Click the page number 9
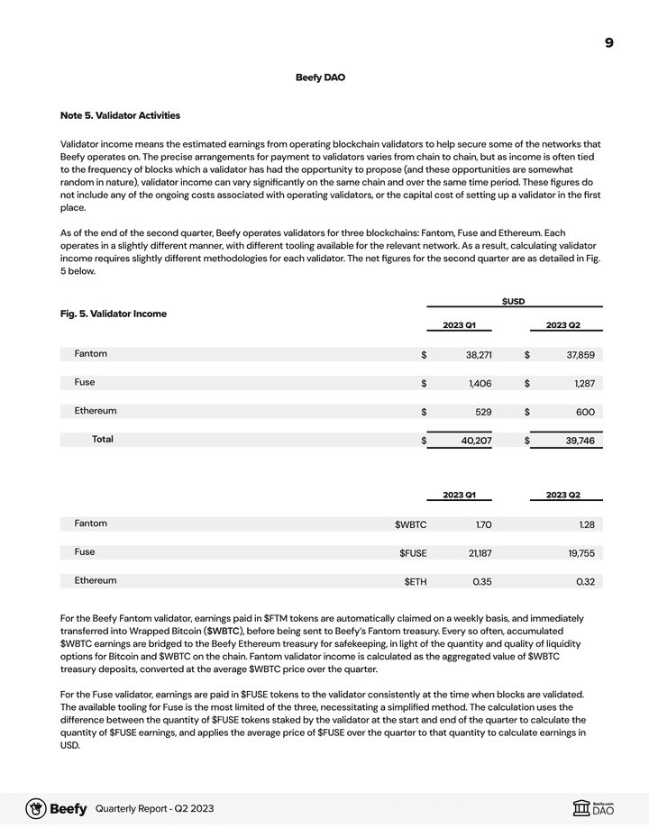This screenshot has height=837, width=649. (609, 43)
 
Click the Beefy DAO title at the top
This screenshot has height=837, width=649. (320, 77)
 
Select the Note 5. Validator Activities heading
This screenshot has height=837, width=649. (120, 115)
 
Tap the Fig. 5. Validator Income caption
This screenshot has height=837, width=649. (114, 314)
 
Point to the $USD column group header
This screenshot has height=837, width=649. (513, 301)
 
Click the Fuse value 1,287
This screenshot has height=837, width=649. (583, 384)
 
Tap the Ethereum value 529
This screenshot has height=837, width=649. (483, 412)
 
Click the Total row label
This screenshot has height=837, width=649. (102, 440)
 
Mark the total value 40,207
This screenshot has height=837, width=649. (476, 441)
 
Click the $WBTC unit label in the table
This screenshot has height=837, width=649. (410, 524)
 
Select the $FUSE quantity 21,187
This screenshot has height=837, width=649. (480, 553)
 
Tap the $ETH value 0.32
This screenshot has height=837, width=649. (585, 581)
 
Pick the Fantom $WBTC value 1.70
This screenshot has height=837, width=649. (482, 524)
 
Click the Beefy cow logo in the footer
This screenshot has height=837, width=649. (36, 809)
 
